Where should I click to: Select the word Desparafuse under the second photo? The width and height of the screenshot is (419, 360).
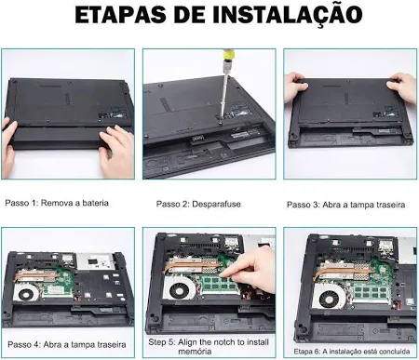[216, 204]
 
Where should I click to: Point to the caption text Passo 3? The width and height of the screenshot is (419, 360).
[303, 205]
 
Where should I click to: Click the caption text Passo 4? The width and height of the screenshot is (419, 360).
[24, 344]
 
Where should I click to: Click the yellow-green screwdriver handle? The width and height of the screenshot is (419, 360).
[227, 55]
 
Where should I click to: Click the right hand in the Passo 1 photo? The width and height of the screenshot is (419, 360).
[116, 151]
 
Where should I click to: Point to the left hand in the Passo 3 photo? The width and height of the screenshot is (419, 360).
[296, 87]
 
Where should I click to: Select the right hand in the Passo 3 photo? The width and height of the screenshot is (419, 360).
[402, 87]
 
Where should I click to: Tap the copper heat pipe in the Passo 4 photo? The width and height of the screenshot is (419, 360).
[36, 274]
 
